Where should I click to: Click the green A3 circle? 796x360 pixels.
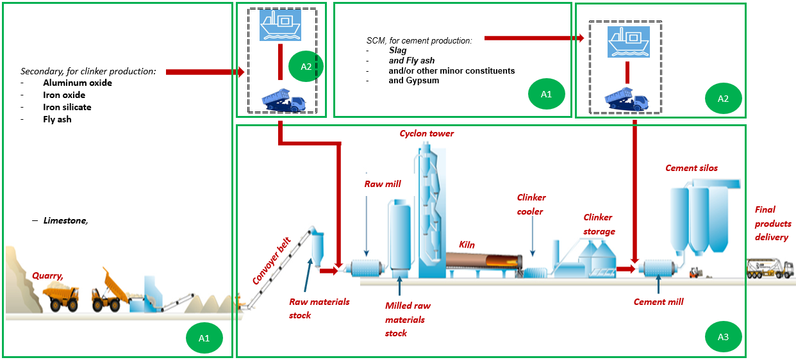[722, 336]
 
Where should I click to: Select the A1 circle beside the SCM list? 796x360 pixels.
[545, 94]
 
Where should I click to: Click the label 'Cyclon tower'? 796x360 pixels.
[426, 134]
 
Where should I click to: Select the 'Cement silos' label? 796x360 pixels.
[691, 168]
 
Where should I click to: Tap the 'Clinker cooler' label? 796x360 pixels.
[531, 204]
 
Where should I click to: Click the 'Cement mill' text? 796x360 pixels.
[658, 302]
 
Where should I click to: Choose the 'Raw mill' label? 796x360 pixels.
[383, 184]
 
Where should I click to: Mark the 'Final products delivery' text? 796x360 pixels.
[772, 223]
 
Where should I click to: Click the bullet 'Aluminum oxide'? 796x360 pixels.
[77, 83]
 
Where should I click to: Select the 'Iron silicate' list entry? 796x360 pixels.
[71, 107]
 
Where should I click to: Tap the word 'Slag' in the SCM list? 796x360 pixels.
[397, 51]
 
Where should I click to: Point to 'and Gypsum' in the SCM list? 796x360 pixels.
[413, 81]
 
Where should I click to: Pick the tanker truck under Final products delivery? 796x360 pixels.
[770, 268]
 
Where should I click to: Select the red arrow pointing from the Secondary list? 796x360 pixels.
[204, 72]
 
